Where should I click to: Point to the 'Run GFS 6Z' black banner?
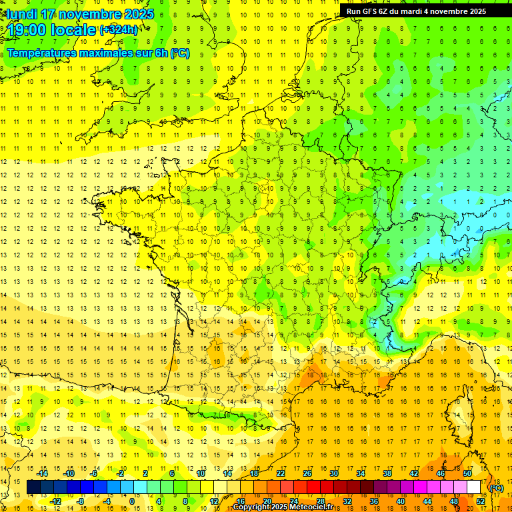click(416, 11)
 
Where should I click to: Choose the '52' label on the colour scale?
click(481, 501)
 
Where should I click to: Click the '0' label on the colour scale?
click(131, 501)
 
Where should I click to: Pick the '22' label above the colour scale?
click(281, 473)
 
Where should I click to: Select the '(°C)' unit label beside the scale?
click(496, 488)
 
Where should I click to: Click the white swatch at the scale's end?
click(474, 487)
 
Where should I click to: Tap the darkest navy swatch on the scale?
click(33, 487)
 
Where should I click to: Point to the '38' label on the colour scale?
click(387, 473)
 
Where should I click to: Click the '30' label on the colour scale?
click(334, 473)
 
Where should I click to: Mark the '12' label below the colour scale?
click(213, 501)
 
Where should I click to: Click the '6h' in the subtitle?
click(160, 53)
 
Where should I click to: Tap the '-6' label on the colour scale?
click(94, 473)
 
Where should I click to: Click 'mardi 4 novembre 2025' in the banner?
click(448, 11)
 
